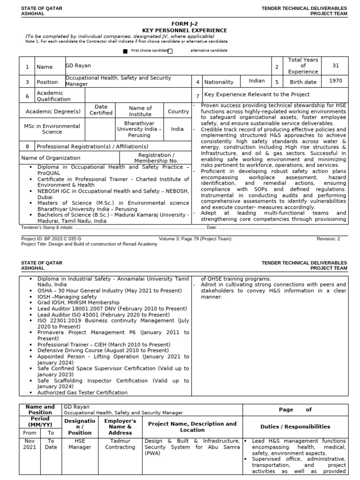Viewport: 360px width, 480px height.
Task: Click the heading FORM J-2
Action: (x=184, y=24)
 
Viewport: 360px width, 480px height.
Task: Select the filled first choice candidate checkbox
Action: (x=125, y=51)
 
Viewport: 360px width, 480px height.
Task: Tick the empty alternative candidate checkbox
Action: (x=170, y=51)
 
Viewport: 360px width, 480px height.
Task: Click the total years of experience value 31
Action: (x=335, y=66)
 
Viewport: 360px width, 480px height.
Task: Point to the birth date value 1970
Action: (x=335, y=81)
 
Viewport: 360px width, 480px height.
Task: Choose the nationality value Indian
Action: (x=256, y=81)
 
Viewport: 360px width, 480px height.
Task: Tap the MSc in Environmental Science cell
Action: (x=52, y=129)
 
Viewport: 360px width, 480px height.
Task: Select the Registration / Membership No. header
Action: (x=157, y=158)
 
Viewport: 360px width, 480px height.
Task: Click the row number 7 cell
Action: (x=197, y=96)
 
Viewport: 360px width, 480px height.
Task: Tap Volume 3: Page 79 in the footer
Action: (x=195, y=239)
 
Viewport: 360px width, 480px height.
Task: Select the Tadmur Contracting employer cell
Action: (x=120, y=444)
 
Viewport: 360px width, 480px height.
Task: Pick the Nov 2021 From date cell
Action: (x=30, y=444)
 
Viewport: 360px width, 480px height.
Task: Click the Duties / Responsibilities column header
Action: (x=295, y=427)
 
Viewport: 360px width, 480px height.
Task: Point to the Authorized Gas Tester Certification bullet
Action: (x=82, y=392)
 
